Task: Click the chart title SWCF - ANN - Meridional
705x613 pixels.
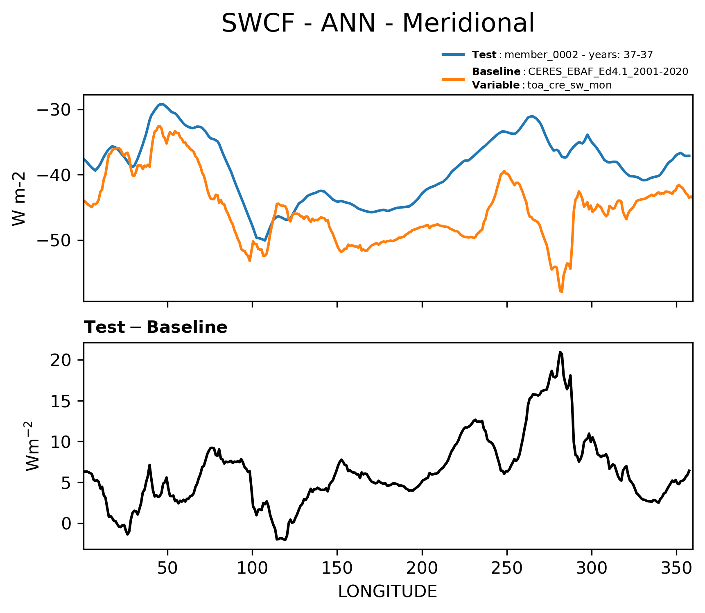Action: point(377,23)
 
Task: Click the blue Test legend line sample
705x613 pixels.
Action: point(453,54)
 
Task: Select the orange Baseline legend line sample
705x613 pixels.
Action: point(453,78)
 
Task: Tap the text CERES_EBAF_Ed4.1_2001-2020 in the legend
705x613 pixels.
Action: point(608,72)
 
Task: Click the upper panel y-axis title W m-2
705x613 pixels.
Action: point(19,199)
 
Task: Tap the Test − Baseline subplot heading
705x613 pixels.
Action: point(156,327)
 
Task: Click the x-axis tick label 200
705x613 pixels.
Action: point(422,568)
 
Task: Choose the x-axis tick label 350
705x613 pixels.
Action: point(676,568)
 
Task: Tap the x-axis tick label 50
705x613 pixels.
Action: point(167,568)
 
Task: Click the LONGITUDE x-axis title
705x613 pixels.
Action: point(388,592)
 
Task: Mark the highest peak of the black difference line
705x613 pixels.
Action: point(560,352)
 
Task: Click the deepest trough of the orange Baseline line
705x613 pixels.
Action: point(561,292)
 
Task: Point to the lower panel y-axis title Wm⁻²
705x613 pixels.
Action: point(33,446)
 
